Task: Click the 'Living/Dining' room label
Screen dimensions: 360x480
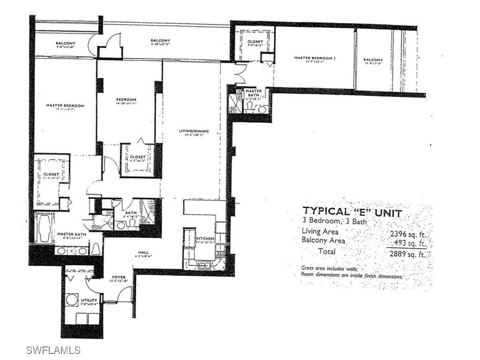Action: tap(194, 131)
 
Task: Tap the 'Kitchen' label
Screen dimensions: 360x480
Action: tap(205, 239)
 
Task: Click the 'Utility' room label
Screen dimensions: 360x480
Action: tap(89, 300)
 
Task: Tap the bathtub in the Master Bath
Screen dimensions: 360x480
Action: tap(45, 228)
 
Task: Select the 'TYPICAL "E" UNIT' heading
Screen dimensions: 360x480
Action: tap(352, 212)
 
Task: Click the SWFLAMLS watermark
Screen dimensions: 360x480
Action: tap(53, 350)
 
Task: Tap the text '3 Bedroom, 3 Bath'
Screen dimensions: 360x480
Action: tap(335, 221)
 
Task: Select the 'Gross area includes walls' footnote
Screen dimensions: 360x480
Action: tap(330, 269)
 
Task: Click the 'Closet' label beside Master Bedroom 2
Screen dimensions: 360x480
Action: tap(255, 42)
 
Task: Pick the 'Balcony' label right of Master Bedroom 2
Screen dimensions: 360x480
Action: tap(373, 60)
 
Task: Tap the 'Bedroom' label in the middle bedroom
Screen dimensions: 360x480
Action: tap(126, 99)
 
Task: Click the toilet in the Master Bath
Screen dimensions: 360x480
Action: tap(96, 249)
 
